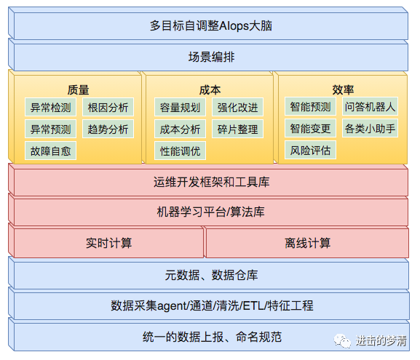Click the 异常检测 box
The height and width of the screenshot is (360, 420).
coord(50,107)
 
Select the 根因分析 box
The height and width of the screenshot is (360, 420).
coord(108,107)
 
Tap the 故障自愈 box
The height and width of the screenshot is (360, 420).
coord(50,151)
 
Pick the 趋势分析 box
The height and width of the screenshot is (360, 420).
coord(108,129)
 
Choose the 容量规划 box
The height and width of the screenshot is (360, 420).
coord(180,107)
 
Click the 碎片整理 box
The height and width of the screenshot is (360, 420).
coord(237,129)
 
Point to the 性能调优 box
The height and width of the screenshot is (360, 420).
coord(180,151)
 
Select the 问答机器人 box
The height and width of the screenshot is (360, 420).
coord(370,106)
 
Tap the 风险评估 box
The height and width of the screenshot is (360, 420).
coord(310,150)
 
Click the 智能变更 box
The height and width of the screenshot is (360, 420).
coord(310,128)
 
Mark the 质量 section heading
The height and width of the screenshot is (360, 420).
coord(78,90)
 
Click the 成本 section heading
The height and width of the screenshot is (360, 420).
coord(210,90)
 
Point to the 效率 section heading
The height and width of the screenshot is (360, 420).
coord(343,90)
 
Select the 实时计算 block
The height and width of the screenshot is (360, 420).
coord(108,243)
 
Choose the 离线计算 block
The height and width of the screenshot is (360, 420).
coord(307,243)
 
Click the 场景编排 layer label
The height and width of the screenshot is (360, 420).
coord(211,57)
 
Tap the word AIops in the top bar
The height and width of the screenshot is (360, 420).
coord(234,26)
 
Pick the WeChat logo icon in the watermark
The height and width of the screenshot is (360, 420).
coord(342,341)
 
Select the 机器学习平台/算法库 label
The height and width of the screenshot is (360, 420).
coord(211,212)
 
